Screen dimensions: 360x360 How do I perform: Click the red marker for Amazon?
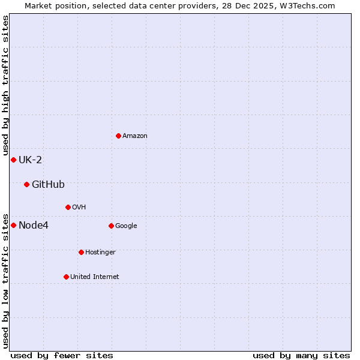[118, 136]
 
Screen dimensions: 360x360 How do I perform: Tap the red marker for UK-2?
[13, 160]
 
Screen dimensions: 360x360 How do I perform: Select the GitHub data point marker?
[26, 184]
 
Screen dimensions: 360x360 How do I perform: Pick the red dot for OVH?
[68, 207]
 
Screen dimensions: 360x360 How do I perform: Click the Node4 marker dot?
[13, 225]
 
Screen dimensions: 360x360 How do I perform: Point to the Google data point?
[111, 226]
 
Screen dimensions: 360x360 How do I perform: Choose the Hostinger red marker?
[81, 252]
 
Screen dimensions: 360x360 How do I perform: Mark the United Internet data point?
[66, 277]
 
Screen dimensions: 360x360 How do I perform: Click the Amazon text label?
[135, 136]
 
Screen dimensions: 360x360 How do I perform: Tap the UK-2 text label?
[30, 160]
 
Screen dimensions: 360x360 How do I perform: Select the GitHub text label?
[48, 184]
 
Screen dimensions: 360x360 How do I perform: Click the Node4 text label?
[34, 225]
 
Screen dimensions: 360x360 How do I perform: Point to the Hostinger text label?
[100, 253]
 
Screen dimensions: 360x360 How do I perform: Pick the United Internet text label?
[95, 277]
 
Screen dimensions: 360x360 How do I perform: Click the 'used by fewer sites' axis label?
[62, 355]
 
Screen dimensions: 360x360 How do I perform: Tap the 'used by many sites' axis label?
[301, 355]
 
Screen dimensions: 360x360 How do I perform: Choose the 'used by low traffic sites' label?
[5, 280]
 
